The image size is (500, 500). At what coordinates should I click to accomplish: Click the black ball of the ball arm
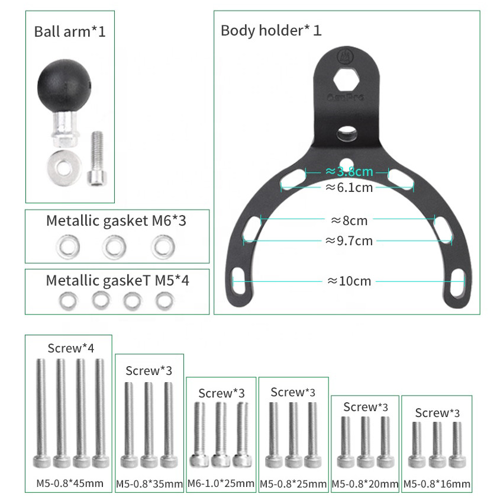64,85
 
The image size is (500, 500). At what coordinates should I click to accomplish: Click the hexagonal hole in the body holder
346,80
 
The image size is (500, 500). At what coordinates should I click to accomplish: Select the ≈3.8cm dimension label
349,171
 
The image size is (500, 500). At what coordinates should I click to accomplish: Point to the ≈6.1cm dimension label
349,187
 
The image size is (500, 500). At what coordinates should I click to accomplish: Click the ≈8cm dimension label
349,220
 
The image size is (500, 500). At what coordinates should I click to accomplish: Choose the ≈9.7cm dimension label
349,241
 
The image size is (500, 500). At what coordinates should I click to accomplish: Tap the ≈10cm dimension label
349,281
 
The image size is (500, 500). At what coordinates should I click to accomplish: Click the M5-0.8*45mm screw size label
70,483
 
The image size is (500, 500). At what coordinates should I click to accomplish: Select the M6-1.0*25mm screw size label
221,483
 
